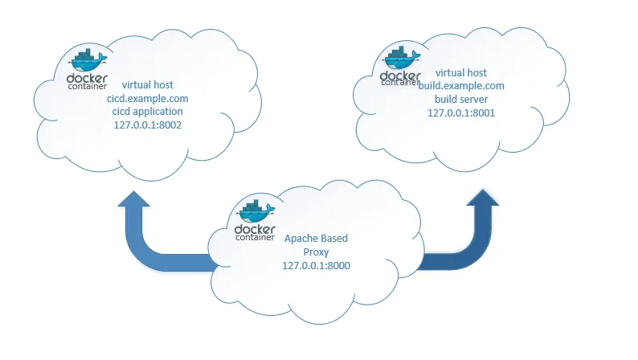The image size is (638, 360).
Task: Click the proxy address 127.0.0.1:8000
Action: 316,265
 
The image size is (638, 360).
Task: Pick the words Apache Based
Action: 316,239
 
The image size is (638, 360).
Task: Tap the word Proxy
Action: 316,252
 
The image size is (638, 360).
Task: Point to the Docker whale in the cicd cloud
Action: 86,59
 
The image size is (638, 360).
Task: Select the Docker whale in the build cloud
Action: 400,56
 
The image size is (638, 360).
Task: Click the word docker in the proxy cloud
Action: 255,230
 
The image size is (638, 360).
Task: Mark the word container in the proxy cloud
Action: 255,239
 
